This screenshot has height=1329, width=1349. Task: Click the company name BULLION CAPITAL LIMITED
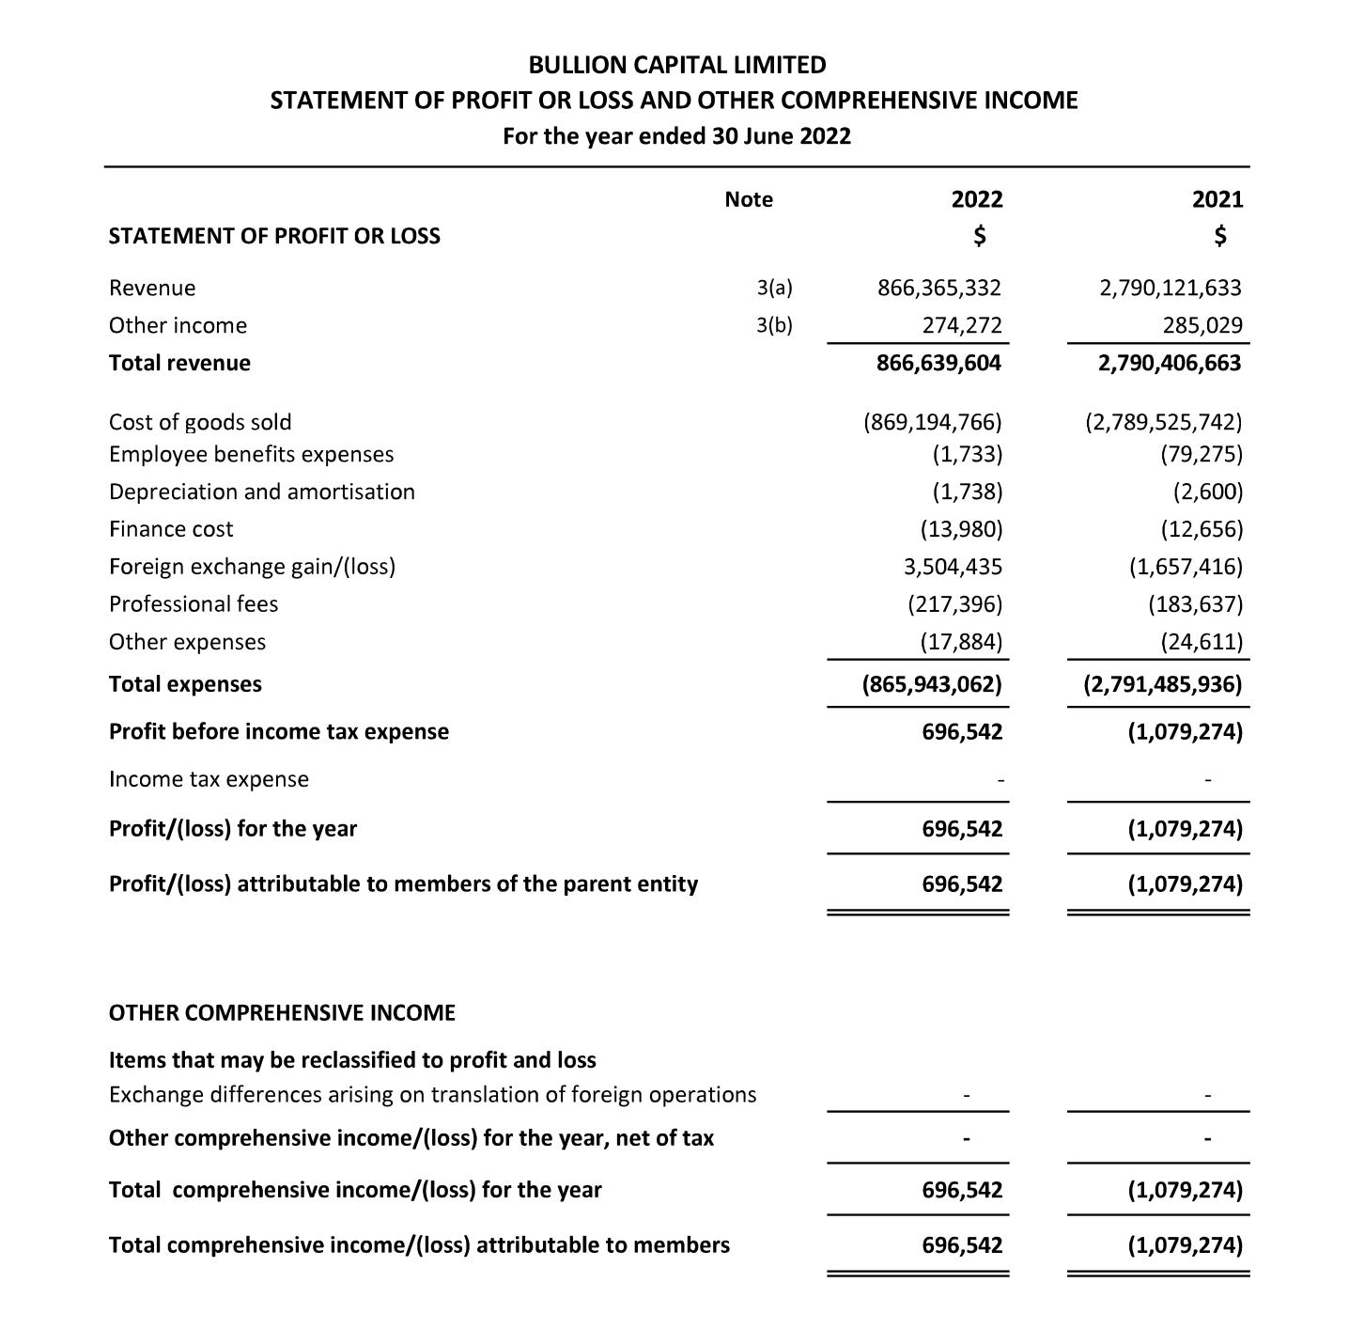click(x=676, y=65)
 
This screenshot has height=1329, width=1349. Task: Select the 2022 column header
click(x=977, y=199)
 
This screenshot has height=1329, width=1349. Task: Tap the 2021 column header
click(x=1217, y=199)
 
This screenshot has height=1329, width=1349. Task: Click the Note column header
click(x=749, y=199)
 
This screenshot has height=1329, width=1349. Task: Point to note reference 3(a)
click(x=774, y=288)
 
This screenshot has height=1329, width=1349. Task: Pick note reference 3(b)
click(x=774, y=325)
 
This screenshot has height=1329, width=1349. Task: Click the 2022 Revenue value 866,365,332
click(x=939, y=288)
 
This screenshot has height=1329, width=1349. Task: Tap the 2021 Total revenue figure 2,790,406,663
click(x=1170, y=363)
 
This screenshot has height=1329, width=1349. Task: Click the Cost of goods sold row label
click(x=200, y=422)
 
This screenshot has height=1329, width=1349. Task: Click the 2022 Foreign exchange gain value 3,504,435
click(x=953, y=567)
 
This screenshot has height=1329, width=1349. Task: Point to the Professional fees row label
click(x=194, y=604)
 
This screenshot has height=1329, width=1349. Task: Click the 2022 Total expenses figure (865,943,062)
click(x=932, y=684)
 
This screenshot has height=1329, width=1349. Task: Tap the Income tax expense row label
click(x=209, y=779)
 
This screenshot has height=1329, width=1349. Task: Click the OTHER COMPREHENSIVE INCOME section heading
click(x=282, y=1012)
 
